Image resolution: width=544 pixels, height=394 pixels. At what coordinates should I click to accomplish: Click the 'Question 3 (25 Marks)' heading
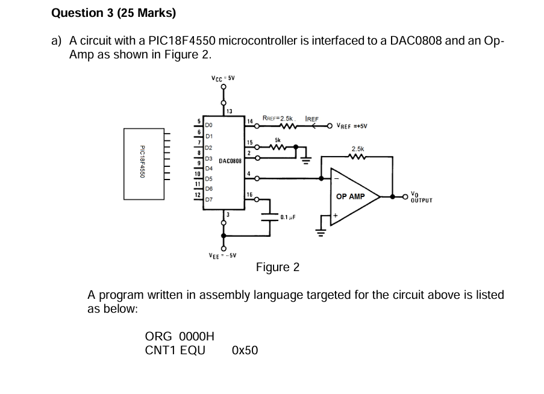(114, 12)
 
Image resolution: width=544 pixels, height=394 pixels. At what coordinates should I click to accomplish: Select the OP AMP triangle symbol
(352, 196)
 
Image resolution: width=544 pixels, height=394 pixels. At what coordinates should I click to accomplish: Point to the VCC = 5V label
(223, 78)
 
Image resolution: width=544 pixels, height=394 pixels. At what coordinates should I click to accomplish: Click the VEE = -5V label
(223, 255)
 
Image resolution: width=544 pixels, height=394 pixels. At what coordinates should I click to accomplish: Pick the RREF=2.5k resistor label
(278, 118)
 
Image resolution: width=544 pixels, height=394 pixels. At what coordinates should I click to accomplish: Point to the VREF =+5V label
(352, 126)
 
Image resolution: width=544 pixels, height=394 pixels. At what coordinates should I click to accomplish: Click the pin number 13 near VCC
(230, 110)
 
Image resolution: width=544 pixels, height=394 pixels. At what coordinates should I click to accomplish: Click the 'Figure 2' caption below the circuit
(277, 267)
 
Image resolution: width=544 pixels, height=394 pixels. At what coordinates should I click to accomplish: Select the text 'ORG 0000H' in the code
(180, 336)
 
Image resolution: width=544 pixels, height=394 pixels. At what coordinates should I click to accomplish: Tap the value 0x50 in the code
(245, 350)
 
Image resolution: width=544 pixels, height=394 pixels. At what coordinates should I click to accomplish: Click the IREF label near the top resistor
(312, 118)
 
